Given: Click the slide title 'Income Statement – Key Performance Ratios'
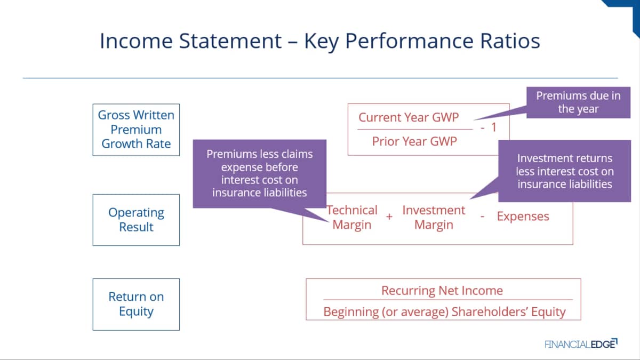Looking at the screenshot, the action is [x=319, y=41].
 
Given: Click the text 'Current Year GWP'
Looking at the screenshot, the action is [x=409, y=117].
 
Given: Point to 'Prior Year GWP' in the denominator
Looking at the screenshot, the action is [x=414, y=141].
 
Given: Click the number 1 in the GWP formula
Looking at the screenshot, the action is [x=494, y=127].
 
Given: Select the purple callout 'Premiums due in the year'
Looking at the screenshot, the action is [x=578, y=102].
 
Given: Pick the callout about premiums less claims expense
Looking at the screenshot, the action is [x=259, y=173].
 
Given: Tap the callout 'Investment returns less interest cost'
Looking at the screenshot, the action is [x=565, y=171].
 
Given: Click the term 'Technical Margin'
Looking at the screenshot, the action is [x=351, y=218].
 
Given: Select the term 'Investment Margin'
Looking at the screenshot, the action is [x=434, y=218].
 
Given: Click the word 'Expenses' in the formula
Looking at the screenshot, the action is [x=523, y=217].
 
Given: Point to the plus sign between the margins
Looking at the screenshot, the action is [x=389, y=217].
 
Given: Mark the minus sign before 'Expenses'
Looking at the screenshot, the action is [x=482, y=217].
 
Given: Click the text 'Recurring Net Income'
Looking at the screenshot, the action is [x=442, y=291].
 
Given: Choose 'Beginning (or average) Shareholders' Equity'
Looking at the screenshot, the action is [x=444, y=311].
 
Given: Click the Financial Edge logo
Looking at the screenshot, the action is [x=581, y=343].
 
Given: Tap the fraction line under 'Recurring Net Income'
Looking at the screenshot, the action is [x=448, y=300].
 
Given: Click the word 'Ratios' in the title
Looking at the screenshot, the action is [x=510, y=41].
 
